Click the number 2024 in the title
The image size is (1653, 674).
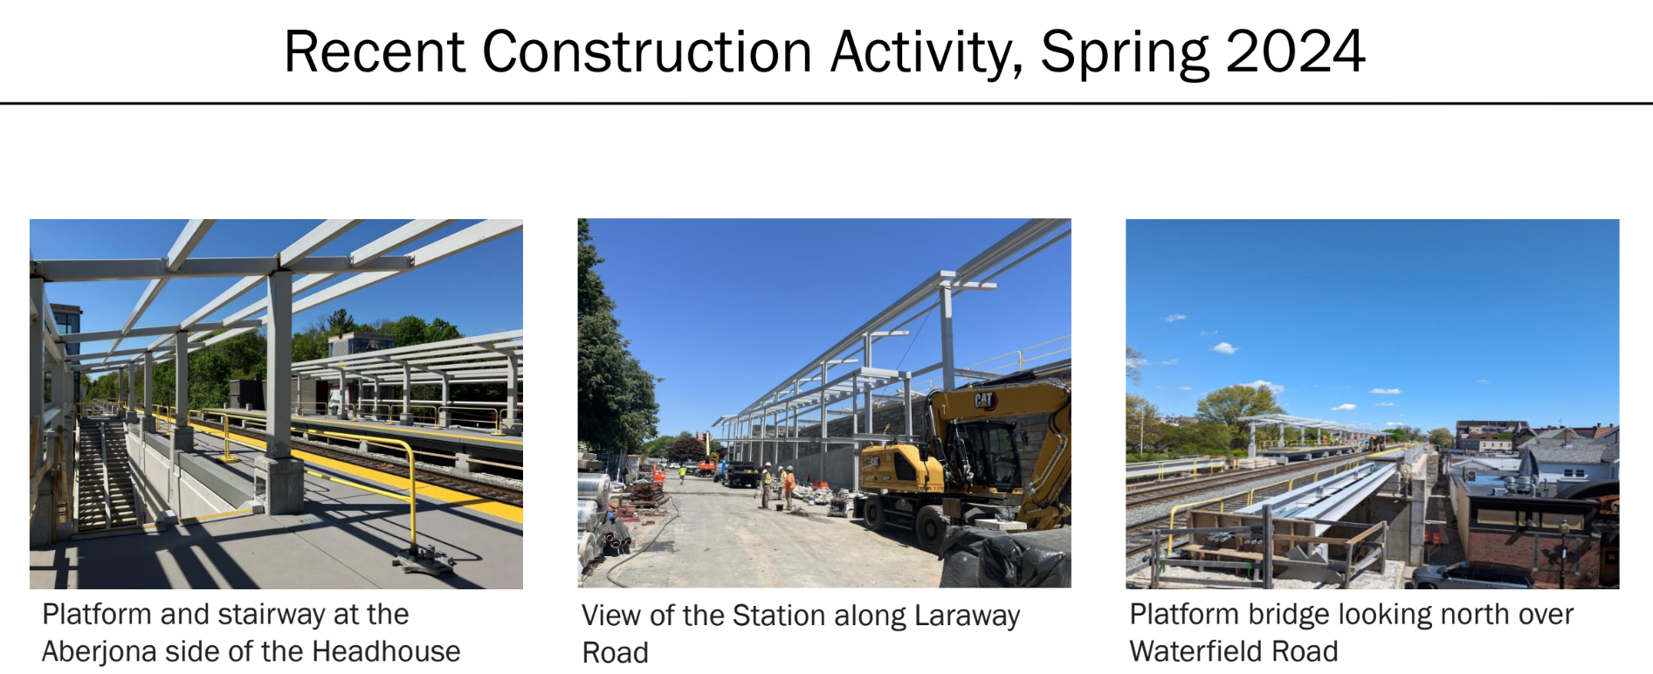[1295, 52]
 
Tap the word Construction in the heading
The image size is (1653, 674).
[647, 52]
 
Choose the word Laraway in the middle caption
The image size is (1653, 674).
[967, 616]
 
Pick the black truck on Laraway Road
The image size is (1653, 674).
[741, 474]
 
